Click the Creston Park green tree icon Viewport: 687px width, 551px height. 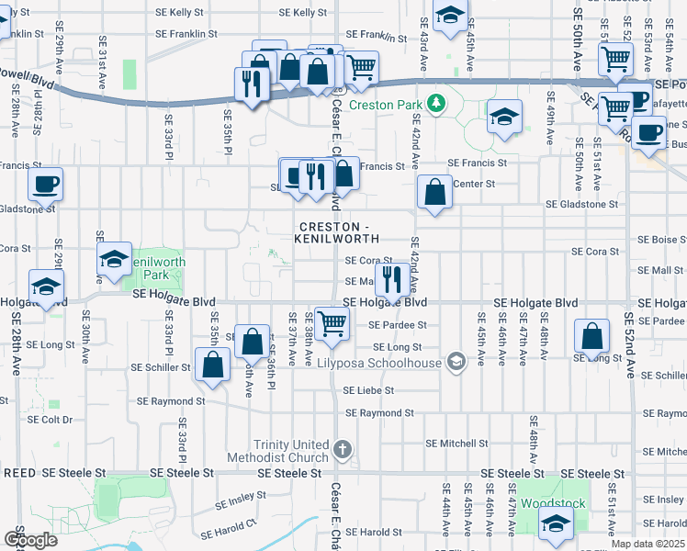point(438,103)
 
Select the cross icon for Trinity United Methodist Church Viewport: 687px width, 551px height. point(343,449)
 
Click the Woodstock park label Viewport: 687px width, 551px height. point(552,504)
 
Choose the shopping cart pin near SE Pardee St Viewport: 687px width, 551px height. point(331,322)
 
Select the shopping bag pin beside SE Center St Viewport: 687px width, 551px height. point(434,193)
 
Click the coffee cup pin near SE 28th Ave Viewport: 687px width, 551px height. point(45,185)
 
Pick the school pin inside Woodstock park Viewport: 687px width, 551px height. point(556,524)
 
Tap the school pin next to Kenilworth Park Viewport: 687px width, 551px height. point(115,260)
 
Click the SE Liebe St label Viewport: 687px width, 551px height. point(368,390)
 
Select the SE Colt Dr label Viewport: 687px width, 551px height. point(50,420)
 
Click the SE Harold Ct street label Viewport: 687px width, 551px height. point(238,526)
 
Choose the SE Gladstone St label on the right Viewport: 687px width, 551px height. point(581,204)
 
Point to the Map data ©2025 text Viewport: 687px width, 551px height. point(648,544)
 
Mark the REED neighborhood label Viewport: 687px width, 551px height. point(19,472)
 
